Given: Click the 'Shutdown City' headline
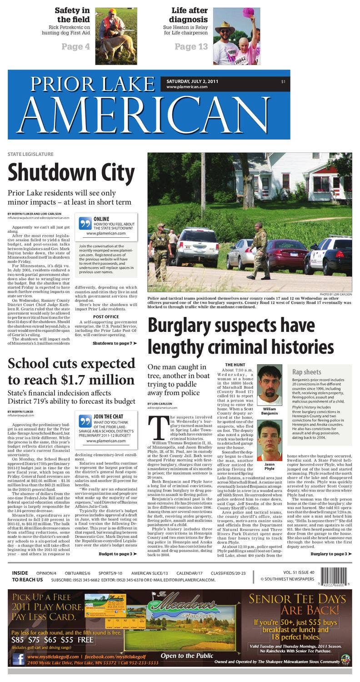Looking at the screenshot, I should click(71, 173).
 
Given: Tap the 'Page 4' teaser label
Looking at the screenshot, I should click(75, 46).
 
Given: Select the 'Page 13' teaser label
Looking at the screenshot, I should click(191, 46).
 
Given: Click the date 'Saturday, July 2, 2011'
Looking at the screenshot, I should click(192, 81).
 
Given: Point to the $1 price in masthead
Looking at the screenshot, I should click(283, 81).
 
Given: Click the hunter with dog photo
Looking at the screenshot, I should click(116, 36).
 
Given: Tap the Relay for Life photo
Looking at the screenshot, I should click(236, 36).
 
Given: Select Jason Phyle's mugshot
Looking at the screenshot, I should click(270, 440).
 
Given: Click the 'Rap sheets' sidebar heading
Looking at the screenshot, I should click(306, 372).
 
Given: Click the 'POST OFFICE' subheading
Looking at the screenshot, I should click(106, 317).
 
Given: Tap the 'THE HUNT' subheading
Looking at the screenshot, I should click(235, 365).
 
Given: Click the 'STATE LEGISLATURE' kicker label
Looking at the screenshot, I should click(30, 155).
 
